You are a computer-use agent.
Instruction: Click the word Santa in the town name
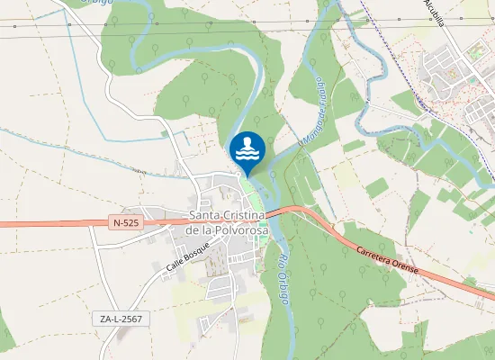(207, 216)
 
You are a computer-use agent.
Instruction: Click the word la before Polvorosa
(206, 229)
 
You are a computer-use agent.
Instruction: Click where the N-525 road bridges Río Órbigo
(274, 213)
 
